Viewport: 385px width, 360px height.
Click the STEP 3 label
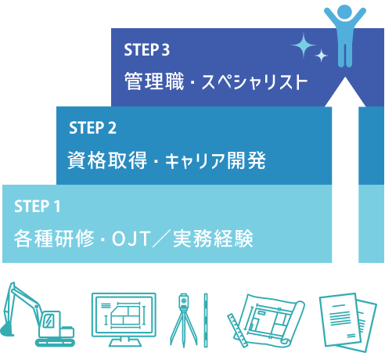146,49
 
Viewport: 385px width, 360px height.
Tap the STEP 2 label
92,128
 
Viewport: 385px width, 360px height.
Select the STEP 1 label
38,206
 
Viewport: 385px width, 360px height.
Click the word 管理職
154,81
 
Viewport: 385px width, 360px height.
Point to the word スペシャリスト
254,82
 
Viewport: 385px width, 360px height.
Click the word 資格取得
107,160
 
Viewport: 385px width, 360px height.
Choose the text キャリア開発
215,160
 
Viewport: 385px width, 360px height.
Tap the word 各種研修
54,238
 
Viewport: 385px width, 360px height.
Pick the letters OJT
131,239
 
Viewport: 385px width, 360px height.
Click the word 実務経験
213,238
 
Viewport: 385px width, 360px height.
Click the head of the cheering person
344,12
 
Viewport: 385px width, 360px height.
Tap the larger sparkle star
304,45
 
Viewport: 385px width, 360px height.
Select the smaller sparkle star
321,56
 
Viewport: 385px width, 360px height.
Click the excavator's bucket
6,329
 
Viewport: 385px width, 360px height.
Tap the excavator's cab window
49,320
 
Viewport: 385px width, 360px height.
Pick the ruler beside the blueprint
238,330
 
